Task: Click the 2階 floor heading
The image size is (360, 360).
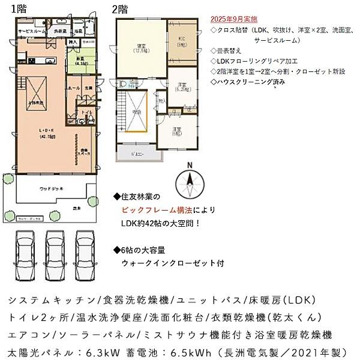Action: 119,10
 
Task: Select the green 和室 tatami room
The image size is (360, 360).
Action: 82,60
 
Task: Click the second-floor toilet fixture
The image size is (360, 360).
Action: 122,84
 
